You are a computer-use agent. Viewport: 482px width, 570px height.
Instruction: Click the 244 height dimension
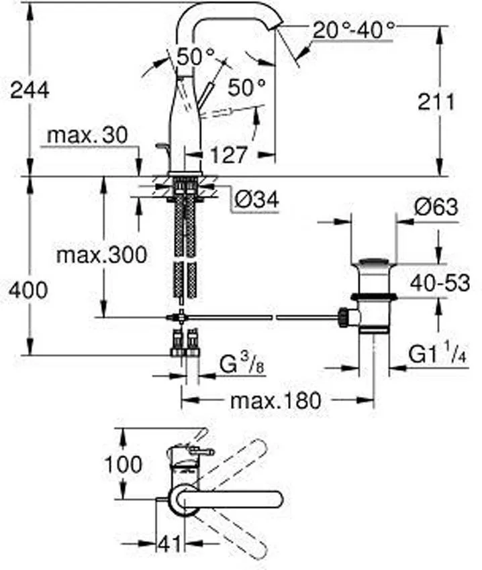tap(30, 89)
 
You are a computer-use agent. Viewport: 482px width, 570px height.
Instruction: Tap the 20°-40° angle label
tap(353, 30)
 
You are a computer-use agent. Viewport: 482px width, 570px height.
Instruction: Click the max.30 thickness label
tap(88, 135)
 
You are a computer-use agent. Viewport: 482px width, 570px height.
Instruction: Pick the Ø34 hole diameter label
tap(257, 199)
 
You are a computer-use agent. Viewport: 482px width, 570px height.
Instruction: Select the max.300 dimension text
tap(101, 255)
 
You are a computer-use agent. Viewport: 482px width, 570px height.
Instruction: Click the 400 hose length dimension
tap(29, 290)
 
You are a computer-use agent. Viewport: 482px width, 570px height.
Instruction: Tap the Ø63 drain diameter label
tap(436, 208)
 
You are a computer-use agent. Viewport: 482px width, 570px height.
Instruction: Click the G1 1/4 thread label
tap(436, 353)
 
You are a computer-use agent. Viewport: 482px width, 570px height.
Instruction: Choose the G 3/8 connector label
tap(240, 367)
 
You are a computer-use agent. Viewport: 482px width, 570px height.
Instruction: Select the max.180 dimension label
tap(276, 401)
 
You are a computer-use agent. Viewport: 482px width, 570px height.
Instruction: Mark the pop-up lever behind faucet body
tap(161, 147)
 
